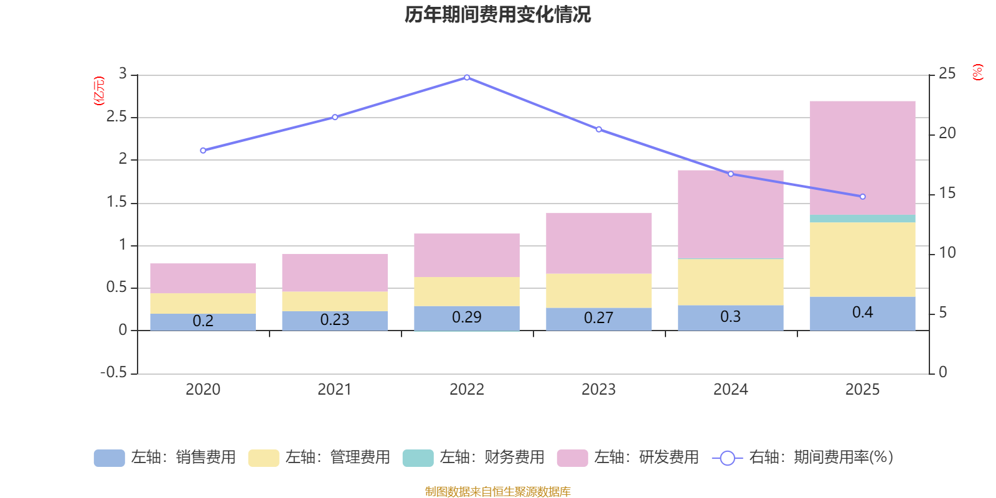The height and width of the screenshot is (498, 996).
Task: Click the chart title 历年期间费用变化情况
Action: click(x=497, y=15)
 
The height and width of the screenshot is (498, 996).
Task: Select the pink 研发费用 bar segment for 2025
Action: click(x=862, y=157)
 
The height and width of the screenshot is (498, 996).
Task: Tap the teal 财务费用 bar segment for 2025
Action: click(x=862, y=218)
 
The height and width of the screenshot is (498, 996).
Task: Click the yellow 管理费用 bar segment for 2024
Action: click(x=730, y=281)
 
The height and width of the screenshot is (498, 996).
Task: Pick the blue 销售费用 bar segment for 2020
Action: click(x=203, y=321)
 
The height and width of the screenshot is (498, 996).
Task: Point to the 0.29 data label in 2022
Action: click(x=466, y=317)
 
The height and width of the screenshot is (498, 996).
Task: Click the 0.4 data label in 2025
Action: click(x=862, y=312)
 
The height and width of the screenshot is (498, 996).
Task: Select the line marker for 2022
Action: click(x=467, y=78)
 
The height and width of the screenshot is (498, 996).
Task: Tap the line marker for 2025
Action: click(x=862, y=197)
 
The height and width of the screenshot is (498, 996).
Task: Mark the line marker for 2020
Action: click(x=203, y=151)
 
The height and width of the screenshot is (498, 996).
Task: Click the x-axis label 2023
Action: click(x=598, y=390)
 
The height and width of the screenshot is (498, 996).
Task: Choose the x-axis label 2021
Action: click(x=334, y=390)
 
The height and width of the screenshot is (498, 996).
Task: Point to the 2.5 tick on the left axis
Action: click(x=116, y=117)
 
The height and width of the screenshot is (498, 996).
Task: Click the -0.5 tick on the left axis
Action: click(x=113, y=372)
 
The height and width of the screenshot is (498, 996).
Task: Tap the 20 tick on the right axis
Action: click(x=947, y=133)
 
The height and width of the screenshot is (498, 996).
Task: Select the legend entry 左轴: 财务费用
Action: click(x=474, y=458)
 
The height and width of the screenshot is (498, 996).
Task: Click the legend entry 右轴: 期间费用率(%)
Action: click(x=802, y=458)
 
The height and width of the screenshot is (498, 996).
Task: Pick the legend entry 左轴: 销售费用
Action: click(x=165, y=458)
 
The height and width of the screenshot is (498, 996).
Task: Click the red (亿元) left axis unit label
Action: click(x=98, y=91)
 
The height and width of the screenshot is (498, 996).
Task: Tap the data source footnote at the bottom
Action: click(x=497, y=492)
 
